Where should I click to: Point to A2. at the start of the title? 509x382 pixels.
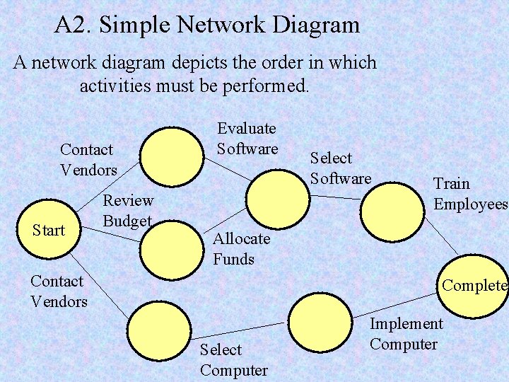coord(74,25)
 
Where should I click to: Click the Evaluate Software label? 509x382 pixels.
coord(247,139)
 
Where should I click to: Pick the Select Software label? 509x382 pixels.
coord(340,168)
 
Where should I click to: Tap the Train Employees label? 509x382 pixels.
coord(470,194)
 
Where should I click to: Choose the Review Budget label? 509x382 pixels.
coord(128,210)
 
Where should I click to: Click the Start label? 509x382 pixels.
coord(49,230)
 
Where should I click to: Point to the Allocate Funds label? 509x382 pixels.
coord(241,249)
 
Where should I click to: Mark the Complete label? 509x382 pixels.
coord(474,286)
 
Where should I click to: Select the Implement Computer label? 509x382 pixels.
coord(406,334)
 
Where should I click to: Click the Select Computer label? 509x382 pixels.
coord(233,359)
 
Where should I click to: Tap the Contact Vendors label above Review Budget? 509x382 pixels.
coord(88,160)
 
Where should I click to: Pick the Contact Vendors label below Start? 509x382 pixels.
coord(59,291)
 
